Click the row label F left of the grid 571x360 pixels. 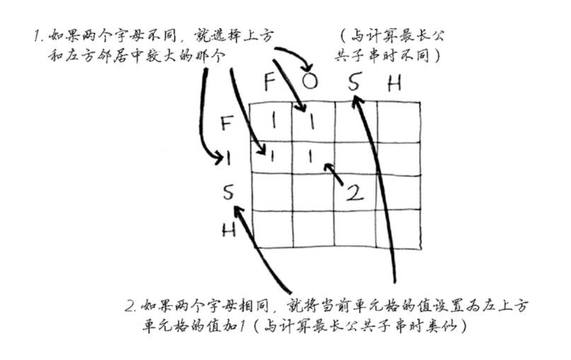tap(227, 124)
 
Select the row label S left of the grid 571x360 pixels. tap(228, 193)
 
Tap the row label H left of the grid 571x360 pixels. tap(228, 229)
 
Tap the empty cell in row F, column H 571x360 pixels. tap(398, 122)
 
